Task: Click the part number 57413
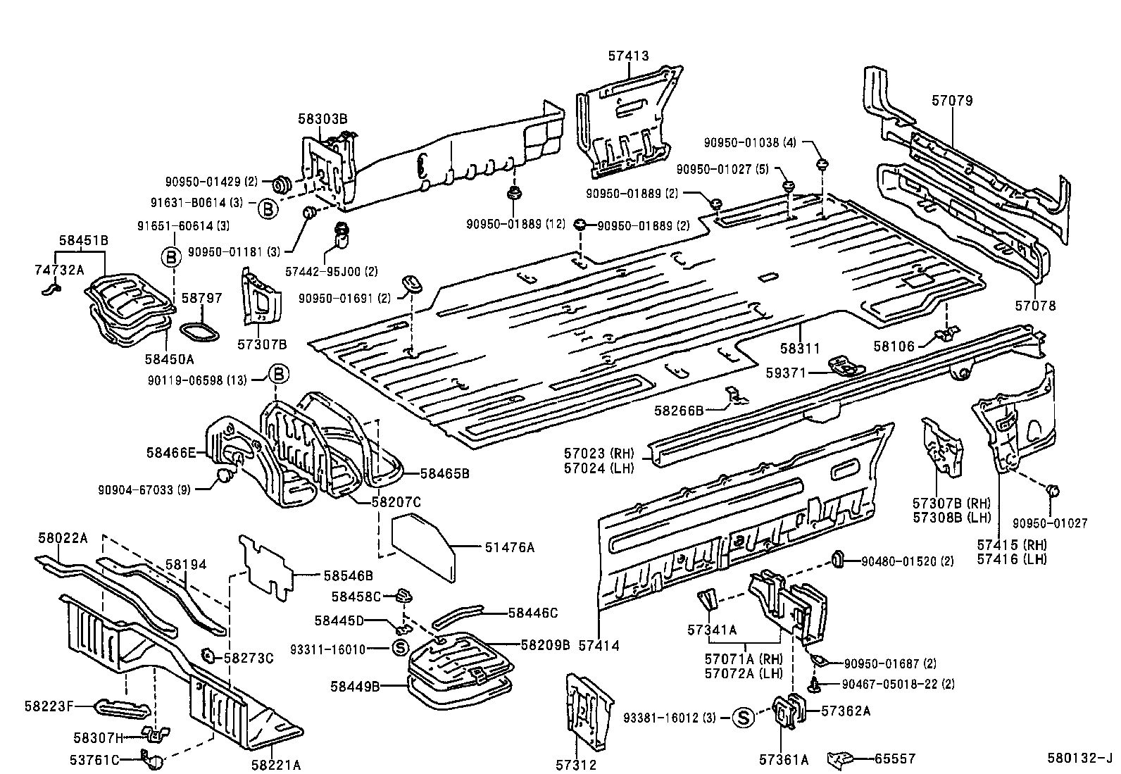tap(628, 56)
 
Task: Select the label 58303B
tap(322, 119)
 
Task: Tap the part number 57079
tap(952, 101)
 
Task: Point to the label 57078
tap(1035, 306)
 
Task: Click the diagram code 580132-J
tap(1079, 759)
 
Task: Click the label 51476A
tap(509, 547)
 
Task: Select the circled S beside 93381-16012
tap(742, 718)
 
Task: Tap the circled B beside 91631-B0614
tap(268, 208)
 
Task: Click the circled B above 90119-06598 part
tap(279, 373)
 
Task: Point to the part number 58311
tap(801, 349)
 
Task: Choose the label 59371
tap(787, 373)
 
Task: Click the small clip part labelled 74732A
tap(51, 288)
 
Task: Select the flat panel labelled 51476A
tap(422, 549)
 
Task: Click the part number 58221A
tap(277, 764)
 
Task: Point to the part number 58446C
tap(533, 613)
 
